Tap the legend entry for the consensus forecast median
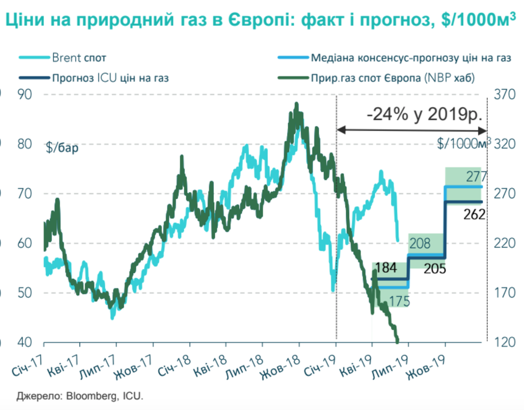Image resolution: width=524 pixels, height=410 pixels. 403,57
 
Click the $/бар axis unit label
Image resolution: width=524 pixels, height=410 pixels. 62,148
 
